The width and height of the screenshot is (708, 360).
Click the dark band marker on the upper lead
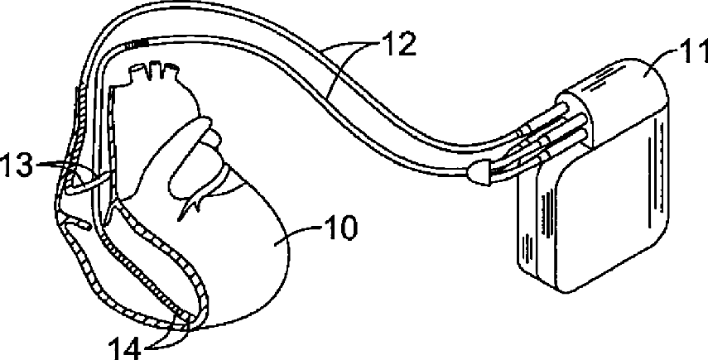click(x=140, y=42)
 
